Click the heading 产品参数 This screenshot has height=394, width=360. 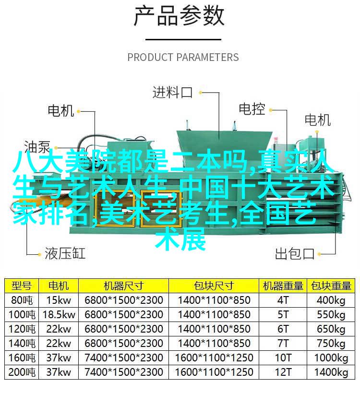tap(179, 16)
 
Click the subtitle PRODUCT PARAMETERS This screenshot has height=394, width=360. tap(183, 57)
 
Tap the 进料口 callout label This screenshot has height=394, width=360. tap(172, 92)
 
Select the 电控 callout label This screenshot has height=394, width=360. tap(252, 109)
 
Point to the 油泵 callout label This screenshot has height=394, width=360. tap(37, 147)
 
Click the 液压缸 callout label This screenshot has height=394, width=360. tap(65, 253)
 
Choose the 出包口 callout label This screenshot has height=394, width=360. tap(295, 253)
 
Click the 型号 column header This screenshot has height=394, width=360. tap(22, 286)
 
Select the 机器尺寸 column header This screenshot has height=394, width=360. tap(123, 286)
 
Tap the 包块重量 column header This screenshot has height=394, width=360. tap(331, 286)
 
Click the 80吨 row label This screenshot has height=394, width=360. tap(22, 300)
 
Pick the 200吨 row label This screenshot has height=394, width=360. tap(22, 372)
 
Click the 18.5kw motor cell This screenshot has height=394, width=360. tap(59, 315)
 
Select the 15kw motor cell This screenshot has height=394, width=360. tap(59, 300)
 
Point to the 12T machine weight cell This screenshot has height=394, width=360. tap(283, 372)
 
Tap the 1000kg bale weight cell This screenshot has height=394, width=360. tap(331, 358)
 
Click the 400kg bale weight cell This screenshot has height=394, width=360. tap(331, 300)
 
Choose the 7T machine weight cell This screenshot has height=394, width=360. tap(283, 343)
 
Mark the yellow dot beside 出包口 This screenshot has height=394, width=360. tap(319, 254)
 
